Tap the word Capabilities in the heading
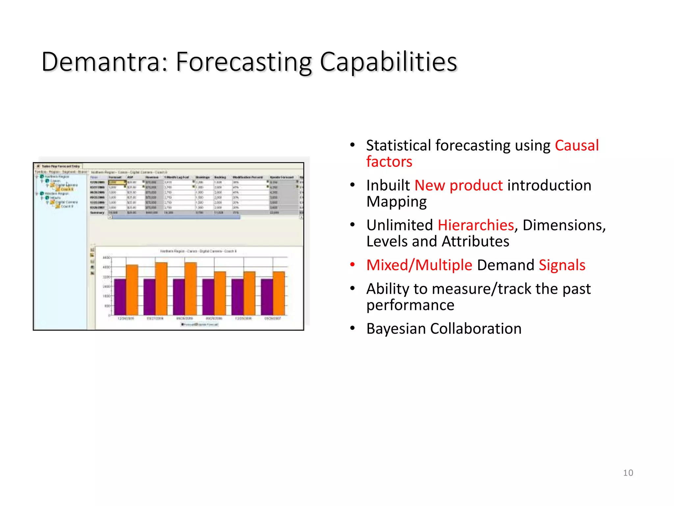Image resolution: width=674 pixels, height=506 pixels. (x=388, y=62)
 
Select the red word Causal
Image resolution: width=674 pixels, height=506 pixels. (x=577, y=145)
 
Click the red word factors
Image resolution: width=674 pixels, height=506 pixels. (x=389, y=162)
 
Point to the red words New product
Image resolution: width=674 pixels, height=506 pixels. (x=458, y=185)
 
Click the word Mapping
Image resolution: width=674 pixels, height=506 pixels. (x=397, y=202)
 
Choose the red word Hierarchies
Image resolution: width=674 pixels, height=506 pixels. (x=476, y=225)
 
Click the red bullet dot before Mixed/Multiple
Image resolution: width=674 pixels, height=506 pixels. (x=352, y=265)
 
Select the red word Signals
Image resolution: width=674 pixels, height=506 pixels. (x=562, y=265)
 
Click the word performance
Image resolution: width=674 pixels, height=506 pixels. (x=410, y=305)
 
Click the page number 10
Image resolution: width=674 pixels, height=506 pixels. (x=628, y=473)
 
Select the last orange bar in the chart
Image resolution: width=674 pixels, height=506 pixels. (x=279, y=293)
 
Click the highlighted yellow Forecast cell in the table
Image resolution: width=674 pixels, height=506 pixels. (x=117, y=182)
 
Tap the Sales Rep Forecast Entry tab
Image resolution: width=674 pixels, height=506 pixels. (x=60, y=166)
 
